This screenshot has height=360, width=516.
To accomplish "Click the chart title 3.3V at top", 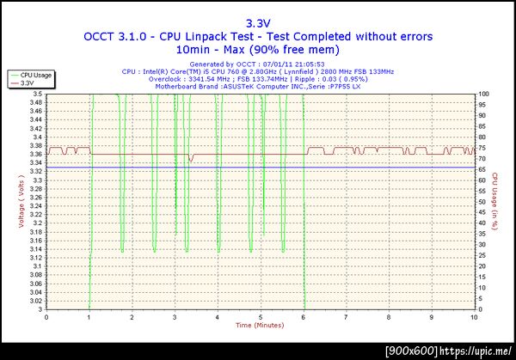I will click(x=258, y=23).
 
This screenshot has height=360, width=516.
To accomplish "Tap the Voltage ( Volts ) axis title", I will click(x=21, y=202).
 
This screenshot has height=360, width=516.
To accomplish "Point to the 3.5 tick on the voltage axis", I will click(x=38, y=94).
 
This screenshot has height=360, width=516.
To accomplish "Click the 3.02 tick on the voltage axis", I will click(x=36, y=301).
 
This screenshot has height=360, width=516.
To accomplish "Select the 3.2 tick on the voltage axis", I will click(x=38, y=223).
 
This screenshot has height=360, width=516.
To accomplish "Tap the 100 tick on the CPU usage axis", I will click(x=483, y=94).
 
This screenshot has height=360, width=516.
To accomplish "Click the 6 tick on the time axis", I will click(x=304, y=316).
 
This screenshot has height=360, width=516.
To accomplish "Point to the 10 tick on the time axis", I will click(x=475, y=316).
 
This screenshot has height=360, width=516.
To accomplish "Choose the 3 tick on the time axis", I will click(x=175, y=316).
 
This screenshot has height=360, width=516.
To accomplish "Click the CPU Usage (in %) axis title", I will click(x=495, y=202).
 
